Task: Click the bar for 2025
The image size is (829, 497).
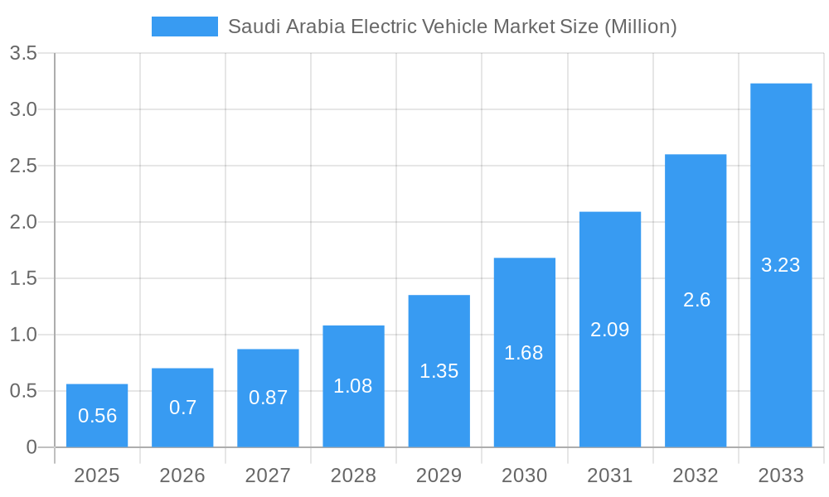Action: [97, 415]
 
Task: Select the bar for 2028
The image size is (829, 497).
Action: [353, 386]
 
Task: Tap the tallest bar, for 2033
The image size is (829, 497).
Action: [781, 265]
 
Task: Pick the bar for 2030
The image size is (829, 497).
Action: [524, 352]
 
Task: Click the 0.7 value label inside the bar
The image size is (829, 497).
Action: [182, 407]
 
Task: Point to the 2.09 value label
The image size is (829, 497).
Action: [609, 330]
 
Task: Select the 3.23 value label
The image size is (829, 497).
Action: [781, 265]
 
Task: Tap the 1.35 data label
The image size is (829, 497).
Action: [439, 371]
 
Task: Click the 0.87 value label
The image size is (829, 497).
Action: [268, 398]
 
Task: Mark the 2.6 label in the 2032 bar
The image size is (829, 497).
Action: [696, 300]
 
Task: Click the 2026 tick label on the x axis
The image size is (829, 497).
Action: [182, 475]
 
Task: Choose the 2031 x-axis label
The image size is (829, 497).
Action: [609, 475]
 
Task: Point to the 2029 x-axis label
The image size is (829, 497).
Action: [439, 475]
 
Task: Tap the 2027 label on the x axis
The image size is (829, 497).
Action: [268, 475]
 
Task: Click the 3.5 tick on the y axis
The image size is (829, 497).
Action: [23, 54]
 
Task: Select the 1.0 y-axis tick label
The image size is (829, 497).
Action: [23, 335]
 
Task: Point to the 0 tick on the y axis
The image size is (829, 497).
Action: [32, 447]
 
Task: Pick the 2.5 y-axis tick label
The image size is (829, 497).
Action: [23, 166]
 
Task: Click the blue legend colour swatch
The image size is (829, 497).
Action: [184, 27]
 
